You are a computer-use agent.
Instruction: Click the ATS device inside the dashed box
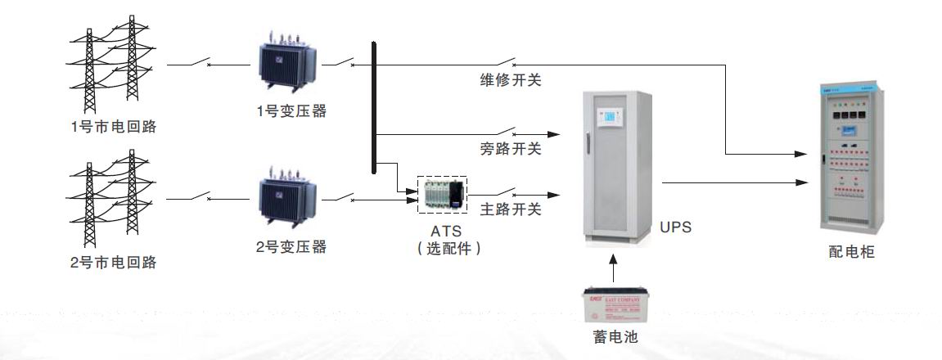[441, 195]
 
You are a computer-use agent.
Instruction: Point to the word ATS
[442, 231]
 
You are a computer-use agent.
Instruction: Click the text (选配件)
[442, 248]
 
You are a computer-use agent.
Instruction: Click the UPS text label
[675, 227]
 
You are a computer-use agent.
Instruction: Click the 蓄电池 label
[612, 336]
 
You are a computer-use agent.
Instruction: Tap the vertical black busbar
[374, 106]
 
